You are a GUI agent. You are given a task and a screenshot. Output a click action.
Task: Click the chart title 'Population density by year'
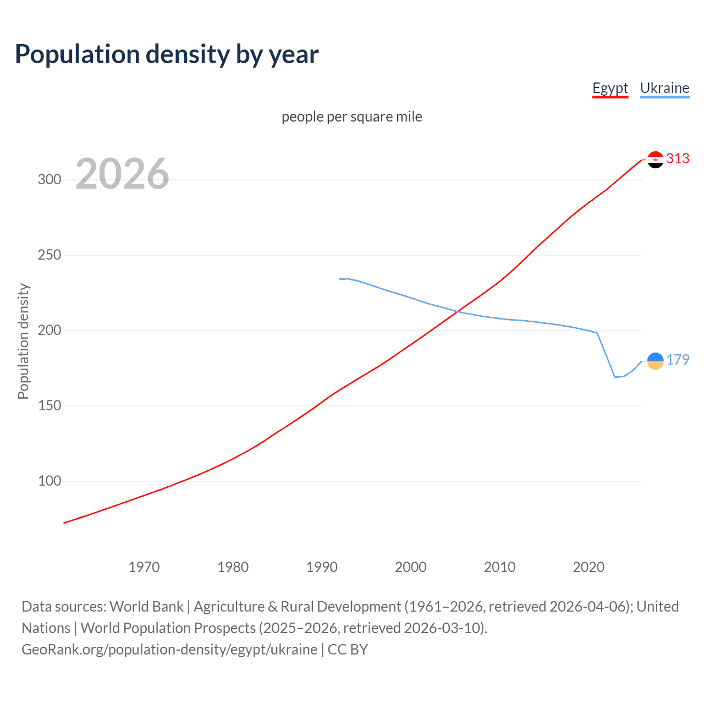click(x=167, y=54)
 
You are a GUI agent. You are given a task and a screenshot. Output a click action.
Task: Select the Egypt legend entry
click(x=610, y=88)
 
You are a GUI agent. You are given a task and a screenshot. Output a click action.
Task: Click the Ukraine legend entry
click(x=664, y=88)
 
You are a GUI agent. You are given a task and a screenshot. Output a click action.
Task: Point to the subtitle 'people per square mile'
click(x=352, y=117)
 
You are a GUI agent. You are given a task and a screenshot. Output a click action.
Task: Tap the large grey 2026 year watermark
click(x=122, y=174)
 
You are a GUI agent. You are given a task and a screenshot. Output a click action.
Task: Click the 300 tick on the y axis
click(x=50, y=180)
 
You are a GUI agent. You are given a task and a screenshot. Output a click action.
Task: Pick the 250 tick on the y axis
click(x=50, y=255)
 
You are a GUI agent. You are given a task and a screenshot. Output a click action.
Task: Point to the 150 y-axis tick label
click(x=50, y=406)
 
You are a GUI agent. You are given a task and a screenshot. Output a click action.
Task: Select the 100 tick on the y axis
click(x=50, y=481)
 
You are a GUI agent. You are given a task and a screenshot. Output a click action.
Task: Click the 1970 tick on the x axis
click(x=144, y=567)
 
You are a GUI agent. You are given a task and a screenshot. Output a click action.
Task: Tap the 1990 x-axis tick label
click(x=322, y=567)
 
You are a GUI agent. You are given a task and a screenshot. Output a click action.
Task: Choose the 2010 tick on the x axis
click(x=499, y=567)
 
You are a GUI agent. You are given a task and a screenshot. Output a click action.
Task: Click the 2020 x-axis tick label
click(x=588, y=567)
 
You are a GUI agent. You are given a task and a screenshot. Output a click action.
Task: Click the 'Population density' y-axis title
click(x=23, y=341)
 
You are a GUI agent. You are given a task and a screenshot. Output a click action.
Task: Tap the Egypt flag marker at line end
click(x=655, y=159)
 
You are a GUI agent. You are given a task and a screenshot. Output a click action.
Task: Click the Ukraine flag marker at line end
click(x=655, y=361)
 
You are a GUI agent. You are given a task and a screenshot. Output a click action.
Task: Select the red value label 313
click(x=678, y=159)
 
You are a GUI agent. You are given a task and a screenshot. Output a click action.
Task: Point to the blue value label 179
click(x=678, y=360)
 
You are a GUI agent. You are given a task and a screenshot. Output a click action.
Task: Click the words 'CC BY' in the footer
click(x=348, y=650)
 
